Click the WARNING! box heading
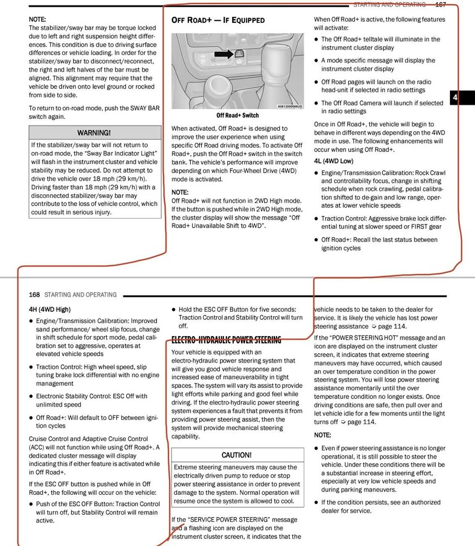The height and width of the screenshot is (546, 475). point(94,133)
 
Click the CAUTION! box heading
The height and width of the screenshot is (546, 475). point(237,455)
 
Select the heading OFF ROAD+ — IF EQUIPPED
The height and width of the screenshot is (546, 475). point(218,20)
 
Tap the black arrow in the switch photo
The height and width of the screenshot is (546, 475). point(224,54)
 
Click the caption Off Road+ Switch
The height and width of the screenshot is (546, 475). point(237,115)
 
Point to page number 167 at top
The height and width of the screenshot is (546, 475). point(441,5)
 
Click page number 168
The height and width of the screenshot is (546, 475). point(34,295)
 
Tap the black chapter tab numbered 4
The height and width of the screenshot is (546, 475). point(455,97)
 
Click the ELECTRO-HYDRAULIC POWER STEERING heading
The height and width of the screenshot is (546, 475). point(226,340)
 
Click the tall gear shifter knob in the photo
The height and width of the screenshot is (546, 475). point(279,63)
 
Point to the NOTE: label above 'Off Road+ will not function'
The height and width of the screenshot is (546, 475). point(180,192)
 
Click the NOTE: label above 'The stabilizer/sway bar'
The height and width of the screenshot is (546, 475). point(37,19)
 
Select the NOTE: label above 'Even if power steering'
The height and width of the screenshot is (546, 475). point(322,435)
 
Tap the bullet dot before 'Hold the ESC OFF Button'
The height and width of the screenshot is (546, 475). point(174,310)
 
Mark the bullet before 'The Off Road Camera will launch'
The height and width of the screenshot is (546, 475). point(316,103)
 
